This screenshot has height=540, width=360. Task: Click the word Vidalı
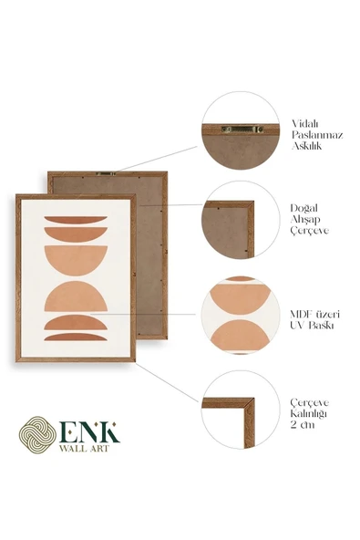pyautogui.click(x=305, y=123)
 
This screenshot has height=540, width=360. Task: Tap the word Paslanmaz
pyautogui.click(x=317, y=135)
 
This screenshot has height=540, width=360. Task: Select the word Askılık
pyautogui.click(x=306, y=146)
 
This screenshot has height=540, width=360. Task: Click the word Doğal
pyautogui.click(x=303, y=208)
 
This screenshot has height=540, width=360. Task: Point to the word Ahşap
pyautogui.click(x=305, y=220)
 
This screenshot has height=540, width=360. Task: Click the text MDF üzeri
pyautogui.click(x=314, y=314)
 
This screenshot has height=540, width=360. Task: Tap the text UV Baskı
pyautogui.click(x=312, y=326)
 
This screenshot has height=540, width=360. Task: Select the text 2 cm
pyautogui.click(x=303, y=425)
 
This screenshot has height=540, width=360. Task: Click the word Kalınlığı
pyautogui.click(x=308, y=413)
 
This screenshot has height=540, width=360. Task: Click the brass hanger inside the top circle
pyautogui.click(x=242, y=130)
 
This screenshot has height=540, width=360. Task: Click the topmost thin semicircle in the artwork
pyautogui.click(x=76, y=220)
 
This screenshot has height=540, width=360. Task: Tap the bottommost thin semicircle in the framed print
pyautogui.click(x=76, y=337)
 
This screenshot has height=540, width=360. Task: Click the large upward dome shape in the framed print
pyautogui.click(x=76, y=296)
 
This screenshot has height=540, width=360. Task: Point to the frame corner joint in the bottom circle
pyautogui.click(x=249, y=403)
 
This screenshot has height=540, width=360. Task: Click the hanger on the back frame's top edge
pyautogui.click(x=106, y=174)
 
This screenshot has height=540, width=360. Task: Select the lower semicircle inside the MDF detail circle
pyautogui.click(x=241, y=336)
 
